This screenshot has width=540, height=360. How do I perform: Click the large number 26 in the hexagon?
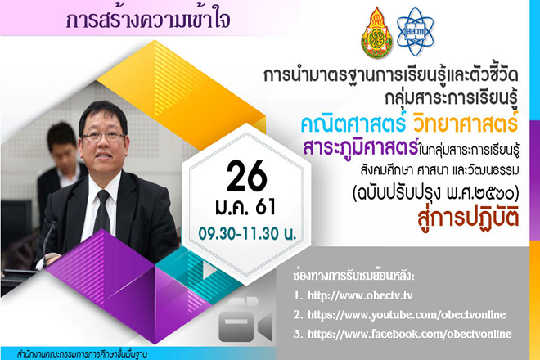point(247,176)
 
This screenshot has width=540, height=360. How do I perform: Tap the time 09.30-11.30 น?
point(247,234)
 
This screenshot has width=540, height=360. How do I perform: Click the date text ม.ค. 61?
point(245,207)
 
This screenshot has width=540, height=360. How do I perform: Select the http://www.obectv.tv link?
point(360,295)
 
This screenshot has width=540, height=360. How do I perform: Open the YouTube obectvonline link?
point(407,314)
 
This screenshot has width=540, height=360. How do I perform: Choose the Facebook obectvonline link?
point(409,334)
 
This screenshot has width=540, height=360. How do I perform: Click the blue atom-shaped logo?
point(415,32)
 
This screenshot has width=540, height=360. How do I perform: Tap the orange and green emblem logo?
point(376,33)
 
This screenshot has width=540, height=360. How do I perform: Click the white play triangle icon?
point(209,271)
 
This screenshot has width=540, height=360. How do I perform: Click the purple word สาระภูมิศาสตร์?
point(361,147)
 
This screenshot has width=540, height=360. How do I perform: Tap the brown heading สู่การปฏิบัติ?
point(468,218)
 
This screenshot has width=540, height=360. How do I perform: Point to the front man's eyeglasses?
point(103,137)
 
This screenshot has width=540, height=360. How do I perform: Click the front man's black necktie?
point(102,212)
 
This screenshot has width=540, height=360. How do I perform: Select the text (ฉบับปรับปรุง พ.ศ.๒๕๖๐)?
point(435,193)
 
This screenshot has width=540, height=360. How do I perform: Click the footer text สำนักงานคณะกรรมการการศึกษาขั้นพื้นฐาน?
point(82,354)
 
